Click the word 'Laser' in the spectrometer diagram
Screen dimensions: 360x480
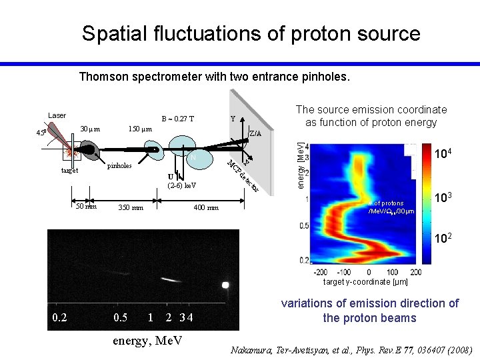(57, 116)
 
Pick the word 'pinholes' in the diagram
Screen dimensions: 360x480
(119, 165)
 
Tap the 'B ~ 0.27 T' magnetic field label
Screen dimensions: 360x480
(178, 119)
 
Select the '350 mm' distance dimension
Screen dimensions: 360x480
(130, 208)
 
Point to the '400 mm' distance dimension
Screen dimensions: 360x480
(205, 208)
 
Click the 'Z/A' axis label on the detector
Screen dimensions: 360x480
(255, 133)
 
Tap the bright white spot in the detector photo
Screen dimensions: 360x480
(225, 285)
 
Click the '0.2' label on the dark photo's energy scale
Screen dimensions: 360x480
(59, 317)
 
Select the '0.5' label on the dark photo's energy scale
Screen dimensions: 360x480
(120, 317)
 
